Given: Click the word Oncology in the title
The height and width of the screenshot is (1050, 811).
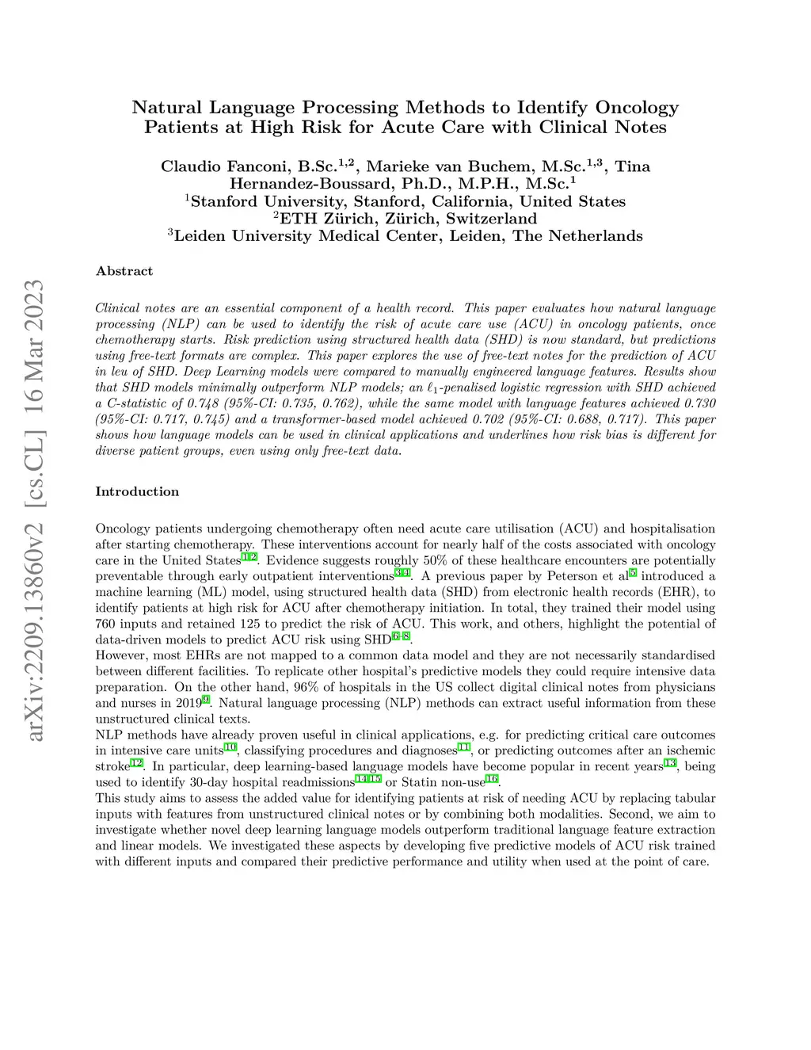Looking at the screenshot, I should (637, 107).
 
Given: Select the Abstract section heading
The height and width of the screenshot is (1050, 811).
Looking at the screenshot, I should (124, 271).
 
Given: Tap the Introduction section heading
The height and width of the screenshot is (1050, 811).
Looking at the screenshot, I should (137, 491).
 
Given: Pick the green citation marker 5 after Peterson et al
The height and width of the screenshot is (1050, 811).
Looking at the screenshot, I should (633, 573).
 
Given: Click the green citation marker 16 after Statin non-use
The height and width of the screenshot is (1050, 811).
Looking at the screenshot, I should (492, 779).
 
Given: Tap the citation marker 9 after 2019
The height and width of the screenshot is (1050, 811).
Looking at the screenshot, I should (206, 700).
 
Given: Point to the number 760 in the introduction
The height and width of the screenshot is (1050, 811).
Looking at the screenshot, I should (107, 624).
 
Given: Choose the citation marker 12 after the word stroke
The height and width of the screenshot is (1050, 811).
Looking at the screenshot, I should (136, 763).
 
